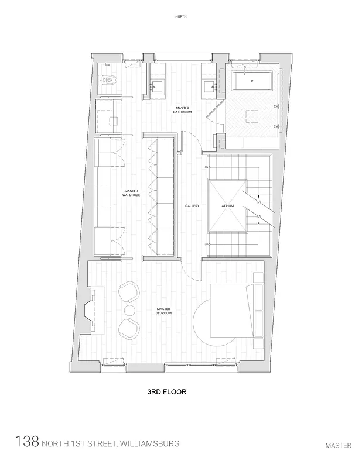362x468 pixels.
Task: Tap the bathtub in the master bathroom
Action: pos(251,81)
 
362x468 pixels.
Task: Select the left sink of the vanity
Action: pos(158,87)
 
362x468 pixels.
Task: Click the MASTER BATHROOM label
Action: pos(182,111)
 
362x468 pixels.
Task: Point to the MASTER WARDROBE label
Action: pos(131,193)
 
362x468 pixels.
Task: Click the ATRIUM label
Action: pos(228,206)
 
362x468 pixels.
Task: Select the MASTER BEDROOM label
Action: pos(163,311)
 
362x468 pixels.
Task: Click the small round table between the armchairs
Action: pos(129,309)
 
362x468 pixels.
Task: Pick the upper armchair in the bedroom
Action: pos(129,291)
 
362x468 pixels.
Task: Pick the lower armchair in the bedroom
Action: pos(129,328)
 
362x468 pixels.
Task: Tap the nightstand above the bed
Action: pos(257,276)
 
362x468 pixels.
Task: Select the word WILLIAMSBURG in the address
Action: pos(149,443)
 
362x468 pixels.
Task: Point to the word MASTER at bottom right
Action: pos(338,445)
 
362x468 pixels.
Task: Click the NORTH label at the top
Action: pos(181,17)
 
